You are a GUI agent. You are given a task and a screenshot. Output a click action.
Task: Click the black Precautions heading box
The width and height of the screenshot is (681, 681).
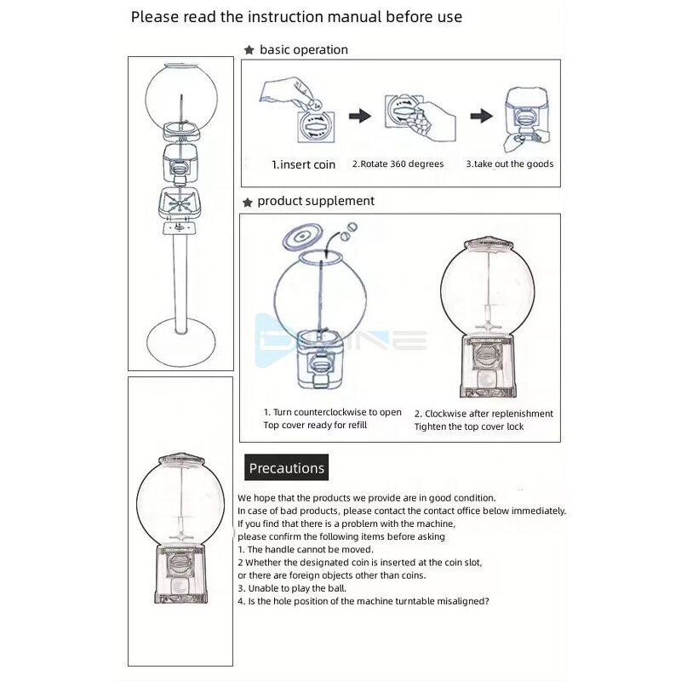coord(286,467)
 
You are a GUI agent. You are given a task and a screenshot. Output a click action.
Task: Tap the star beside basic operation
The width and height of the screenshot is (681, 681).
coord(249,50)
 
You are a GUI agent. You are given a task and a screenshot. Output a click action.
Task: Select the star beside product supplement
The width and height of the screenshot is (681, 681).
coord(248,203)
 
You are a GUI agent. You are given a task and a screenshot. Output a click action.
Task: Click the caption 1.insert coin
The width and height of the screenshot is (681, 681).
coord(304,164)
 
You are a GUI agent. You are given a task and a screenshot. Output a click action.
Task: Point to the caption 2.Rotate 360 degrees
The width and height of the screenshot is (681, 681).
coord(398,164)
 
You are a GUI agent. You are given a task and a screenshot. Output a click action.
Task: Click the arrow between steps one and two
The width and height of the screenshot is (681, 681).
coord(359,116)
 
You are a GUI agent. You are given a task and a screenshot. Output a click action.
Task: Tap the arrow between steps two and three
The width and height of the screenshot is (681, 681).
coord(482,116)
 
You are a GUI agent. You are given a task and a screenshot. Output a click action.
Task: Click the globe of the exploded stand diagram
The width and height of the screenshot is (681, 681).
coord(180,94)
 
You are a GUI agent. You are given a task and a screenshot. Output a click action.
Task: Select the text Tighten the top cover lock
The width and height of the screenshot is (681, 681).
coord(469,426)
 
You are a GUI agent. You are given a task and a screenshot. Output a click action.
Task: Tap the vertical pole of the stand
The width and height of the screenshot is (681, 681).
coord(180,281)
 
